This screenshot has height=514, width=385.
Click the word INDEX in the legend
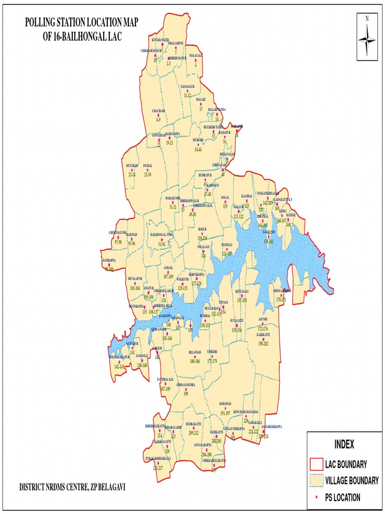click(344, 444)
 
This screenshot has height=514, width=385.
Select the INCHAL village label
click(147, 165)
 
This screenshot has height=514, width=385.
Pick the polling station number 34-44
click(198, 149)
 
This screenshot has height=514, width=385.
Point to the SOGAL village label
click(225, 197)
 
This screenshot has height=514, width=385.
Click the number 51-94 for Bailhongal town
click(161, 243)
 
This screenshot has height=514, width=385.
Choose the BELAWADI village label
click(195, 352)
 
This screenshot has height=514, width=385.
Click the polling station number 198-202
click(263, 343)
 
